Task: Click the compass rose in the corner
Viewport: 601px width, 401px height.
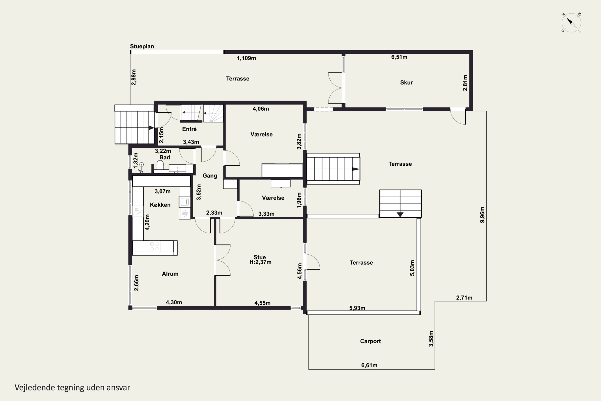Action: tap(571, 22)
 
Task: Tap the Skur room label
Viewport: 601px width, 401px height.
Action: tap(406, 83)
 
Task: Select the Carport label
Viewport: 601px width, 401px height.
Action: tap(370, 341)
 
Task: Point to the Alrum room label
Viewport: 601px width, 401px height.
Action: tap(170, 274)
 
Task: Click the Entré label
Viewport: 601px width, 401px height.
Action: tap(189, 129)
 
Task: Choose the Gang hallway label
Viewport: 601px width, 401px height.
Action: tap(210, 176)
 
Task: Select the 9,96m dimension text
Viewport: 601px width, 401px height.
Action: tap(482, 215)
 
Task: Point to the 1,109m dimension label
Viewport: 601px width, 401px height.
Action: tap(246, 58)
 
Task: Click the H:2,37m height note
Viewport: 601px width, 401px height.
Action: tap(260, 262)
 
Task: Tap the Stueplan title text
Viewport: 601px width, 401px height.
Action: tap(142, 47)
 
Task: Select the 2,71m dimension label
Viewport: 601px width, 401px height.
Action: tap(464, 298)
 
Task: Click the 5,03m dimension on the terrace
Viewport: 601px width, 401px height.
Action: tap(412, 268)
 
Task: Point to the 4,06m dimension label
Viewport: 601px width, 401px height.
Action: tap(261, 109)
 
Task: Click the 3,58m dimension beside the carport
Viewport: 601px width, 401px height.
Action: tap(431, 339)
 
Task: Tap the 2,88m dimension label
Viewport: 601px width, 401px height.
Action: tap(134, 77)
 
